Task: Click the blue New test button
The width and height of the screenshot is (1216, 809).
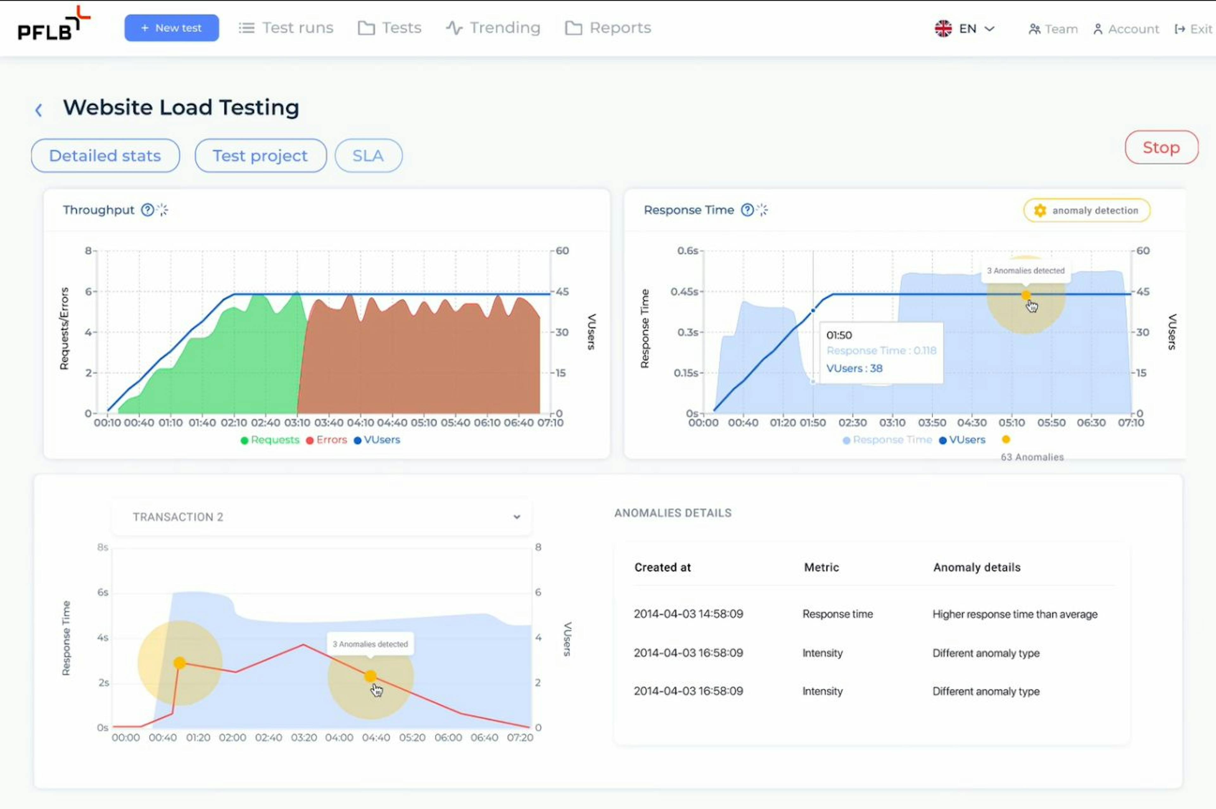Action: click(x=171, y=28)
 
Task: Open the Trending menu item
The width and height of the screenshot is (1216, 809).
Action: click(x=493, y=28)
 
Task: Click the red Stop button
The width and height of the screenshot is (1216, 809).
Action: click(x=1161, y=148)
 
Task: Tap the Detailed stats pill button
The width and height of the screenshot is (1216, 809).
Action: click(x=105, y=156)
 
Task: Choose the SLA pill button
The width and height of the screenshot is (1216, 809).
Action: click(x=368, y=156)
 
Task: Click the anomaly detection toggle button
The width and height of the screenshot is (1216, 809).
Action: click(x=1086, y=211)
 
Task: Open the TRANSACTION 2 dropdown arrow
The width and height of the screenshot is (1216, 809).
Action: click(x=516, y=517)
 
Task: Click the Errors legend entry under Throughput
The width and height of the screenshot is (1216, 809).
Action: click(x=326, y=440)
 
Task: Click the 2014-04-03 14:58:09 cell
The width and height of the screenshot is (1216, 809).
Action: click(x=688, y=614)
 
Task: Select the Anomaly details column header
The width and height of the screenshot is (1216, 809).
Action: click(x=976, y=568)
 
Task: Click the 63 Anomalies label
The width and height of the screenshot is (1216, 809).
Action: click(x=1032, y=457)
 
